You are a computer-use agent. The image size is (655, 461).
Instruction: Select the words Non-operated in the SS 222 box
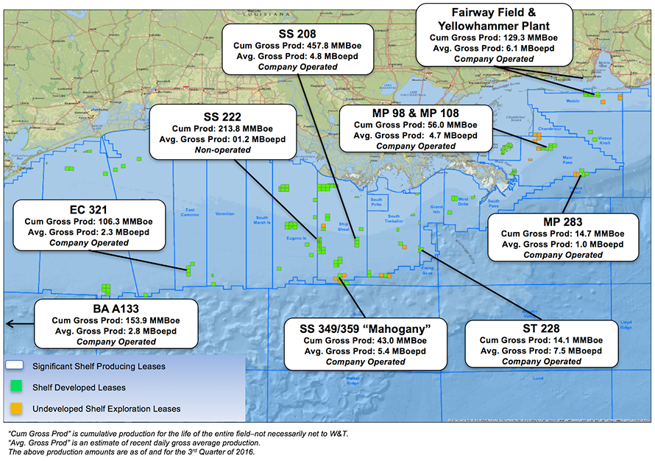222,149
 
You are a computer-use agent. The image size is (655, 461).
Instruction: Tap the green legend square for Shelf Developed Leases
15,387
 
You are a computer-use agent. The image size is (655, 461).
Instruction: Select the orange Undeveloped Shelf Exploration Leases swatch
15,407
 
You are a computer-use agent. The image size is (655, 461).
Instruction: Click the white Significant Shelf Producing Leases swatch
15,366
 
